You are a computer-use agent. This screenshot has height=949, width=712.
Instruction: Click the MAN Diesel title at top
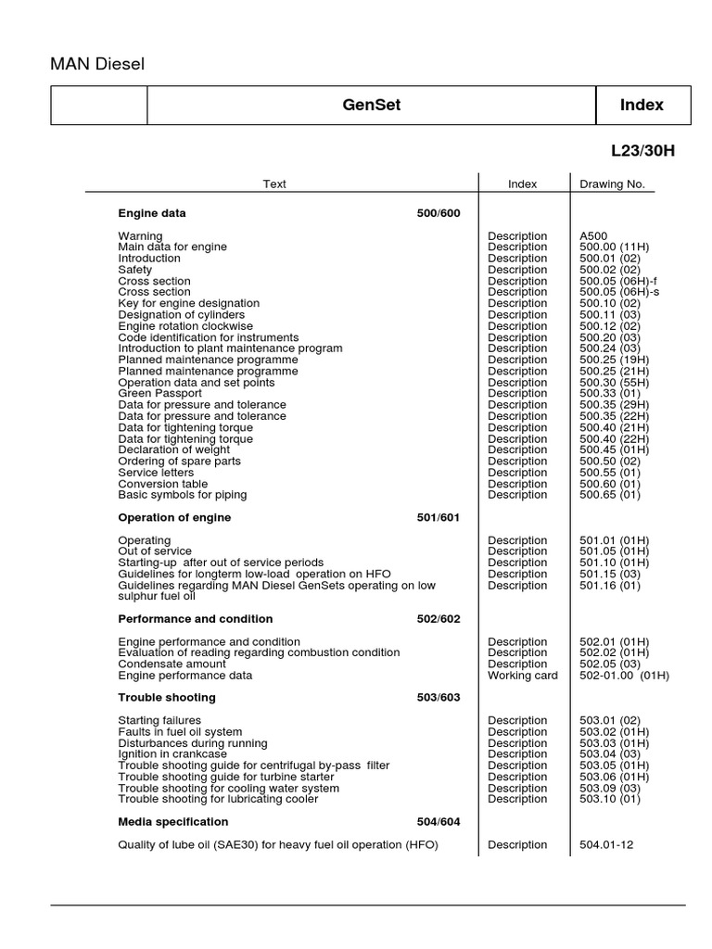(x=97, y=64)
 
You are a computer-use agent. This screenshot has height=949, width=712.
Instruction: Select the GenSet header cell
(x=371, y=106)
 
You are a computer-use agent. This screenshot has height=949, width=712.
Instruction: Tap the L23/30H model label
(x=642, y=151)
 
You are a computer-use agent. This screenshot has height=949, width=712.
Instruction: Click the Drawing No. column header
(x=612, y=184)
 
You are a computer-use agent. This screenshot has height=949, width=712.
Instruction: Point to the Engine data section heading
(x=152, y=213)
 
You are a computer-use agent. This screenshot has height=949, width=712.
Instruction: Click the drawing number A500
(x=594, y=236)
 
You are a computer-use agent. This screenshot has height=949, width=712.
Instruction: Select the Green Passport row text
(x=159, y=394)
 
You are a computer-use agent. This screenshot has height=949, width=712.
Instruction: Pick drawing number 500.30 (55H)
(x=615, y=383)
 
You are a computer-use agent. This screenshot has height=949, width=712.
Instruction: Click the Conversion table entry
(x=163, y=484)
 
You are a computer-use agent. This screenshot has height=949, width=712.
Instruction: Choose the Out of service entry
(x=155, y=551)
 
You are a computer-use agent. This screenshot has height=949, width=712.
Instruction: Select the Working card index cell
(x=523, y=676)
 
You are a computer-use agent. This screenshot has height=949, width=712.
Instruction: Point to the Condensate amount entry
(x=172, y=664)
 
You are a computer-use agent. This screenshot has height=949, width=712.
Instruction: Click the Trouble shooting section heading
(x=167, y=698)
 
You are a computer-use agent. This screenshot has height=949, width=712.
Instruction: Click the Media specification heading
(x=173, y=822)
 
